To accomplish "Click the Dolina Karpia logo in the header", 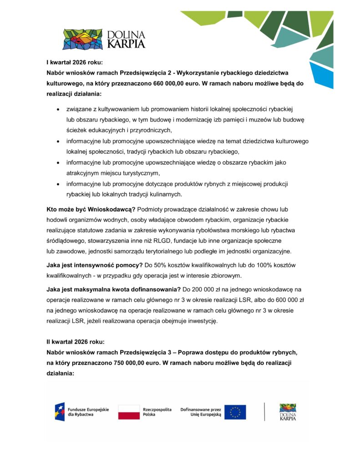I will point(104,39).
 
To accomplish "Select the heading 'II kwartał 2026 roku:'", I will point(76,341).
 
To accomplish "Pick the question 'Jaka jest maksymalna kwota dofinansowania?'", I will point(113,289).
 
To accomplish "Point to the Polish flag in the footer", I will point(129,412).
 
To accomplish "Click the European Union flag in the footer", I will point(235,412).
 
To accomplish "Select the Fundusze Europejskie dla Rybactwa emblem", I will point(60,412).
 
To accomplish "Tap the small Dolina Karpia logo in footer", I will point(288,412).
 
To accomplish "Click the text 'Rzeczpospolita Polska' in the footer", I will point(157,412).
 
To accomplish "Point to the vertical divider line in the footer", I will point(264,412).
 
